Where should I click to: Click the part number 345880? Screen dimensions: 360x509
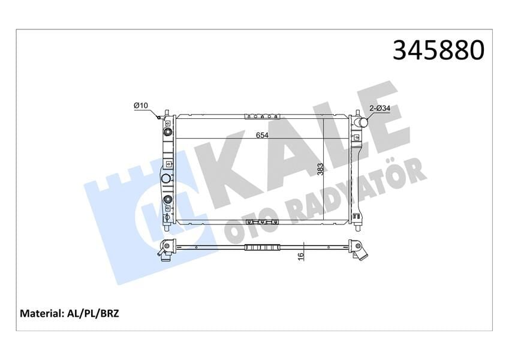pyautogui.click(x=438, y=50)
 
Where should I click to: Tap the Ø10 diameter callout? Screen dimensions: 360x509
pyautogui.click(x=141, y=106)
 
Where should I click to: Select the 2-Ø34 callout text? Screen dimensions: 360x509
pyautogui.click(x=380, y=108)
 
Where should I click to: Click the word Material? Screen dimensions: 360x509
pyautogui.click(x=40, y=313)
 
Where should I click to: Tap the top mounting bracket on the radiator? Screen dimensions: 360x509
pyautogui.click(x=262, y=116)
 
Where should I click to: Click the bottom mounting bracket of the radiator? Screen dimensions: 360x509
pyautogui.click(x=262, y=223)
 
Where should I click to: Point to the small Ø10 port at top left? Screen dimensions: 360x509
pyautogui.click(x=160, y=116)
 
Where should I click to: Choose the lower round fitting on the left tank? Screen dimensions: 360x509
pyautogui.click(x=168, y=200)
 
